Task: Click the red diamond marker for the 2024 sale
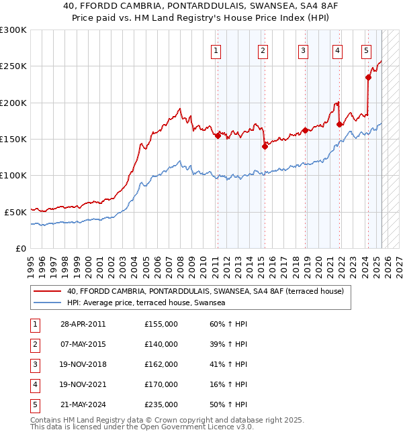(x=369, y=77)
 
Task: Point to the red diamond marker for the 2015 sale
(x=265, y=146)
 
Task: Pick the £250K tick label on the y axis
(x=13, y=66)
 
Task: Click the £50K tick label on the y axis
(x=16, y=211)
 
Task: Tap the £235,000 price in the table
(x=161, y=404)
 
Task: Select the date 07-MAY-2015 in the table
(x=83, y=344)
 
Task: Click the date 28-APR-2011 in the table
(x=83, y=324)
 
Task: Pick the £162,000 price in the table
(x=161, y=364)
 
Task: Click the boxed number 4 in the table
(x=34, y=384)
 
